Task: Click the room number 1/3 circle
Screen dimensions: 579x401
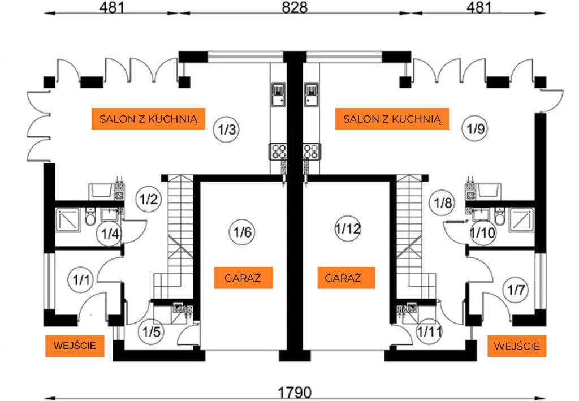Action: [x=226, y=130]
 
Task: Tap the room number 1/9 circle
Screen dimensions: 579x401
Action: [x=475, y=129]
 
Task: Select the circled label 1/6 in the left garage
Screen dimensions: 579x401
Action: [x=242, y=232]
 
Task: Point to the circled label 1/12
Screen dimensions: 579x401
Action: [x=348, y=228]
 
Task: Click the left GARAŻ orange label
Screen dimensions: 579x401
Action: [x=243, y=278]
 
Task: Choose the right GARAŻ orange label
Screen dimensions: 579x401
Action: [x=346, y=278]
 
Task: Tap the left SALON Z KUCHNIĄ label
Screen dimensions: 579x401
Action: [x=148, y=119]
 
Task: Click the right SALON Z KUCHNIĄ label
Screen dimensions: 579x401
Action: [x=392, y=119]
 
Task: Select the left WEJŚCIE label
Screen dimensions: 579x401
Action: [x=75, y=346]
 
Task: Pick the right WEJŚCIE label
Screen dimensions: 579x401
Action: [x=517, y=346]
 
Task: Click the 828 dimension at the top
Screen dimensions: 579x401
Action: [x=295, y=7]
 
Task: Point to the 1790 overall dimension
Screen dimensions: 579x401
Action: [x=294, y=392]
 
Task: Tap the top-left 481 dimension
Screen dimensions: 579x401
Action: [x=111, y=7]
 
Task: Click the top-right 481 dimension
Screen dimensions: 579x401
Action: [x=479, y=7]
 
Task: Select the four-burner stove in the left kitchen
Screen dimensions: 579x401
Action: [x=278, y=152]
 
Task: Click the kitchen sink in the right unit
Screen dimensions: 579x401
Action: [x=311, y=94]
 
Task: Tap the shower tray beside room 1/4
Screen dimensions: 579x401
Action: [x=68, y=220]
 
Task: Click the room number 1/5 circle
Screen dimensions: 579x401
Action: [x=152, y=331]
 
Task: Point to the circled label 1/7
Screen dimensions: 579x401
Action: [x=516, y=290]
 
